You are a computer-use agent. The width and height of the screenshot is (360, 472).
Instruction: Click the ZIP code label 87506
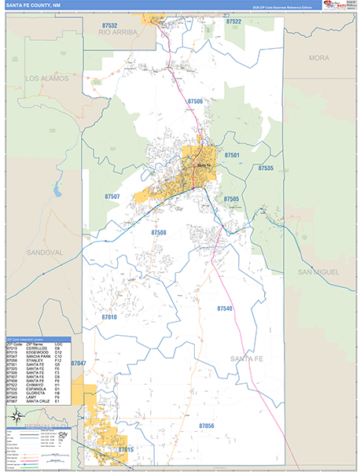pyautogui.click(x=196, y=101)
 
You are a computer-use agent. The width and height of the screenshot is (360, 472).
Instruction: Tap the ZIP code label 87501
pyautogui.click(x=232, y=156)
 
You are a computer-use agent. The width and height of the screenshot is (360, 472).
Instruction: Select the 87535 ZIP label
pyautogui.click(x=266, y=168)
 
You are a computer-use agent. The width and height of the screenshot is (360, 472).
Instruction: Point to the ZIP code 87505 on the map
pyautogui.click(x=231, y=199)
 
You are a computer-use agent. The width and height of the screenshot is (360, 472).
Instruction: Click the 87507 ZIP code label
pyautogui.click(x=112, y=196)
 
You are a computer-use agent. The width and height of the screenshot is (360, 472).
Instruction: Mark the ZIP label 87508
pyautogui.click(x=159, y=233)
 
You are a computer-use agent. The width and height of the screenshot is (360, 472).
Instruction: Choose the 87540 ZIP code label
pyautogui.click(x=226, y=308)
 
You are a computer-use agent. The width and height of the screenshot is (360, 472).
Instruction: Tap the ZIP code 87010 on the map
pyautogui.click(x=108, y=317)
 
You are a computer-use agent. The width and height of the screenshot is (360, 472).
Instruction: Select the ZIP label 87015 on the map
pyautogui.click(x=127, y=449)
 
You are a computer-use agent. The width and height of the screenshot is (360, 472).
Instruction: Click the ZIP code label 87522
pyautogui.click(x=233, y=23)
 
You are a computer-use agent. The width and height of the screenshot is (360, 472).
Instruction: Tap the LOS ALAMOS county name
pyautogui.click(x=47, y=79)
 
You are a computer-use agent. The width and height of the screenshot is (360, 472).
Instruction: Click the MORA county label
pyautogui.click(x=318, y=58)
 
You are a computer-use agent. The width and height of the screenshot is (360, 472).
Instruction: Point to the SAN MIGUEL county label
pyautogui.click(x=318, y=271)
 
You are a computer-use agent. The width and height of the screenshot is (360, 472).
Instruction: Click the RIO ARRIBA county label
pyautogui.click(x=119, y=31)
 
